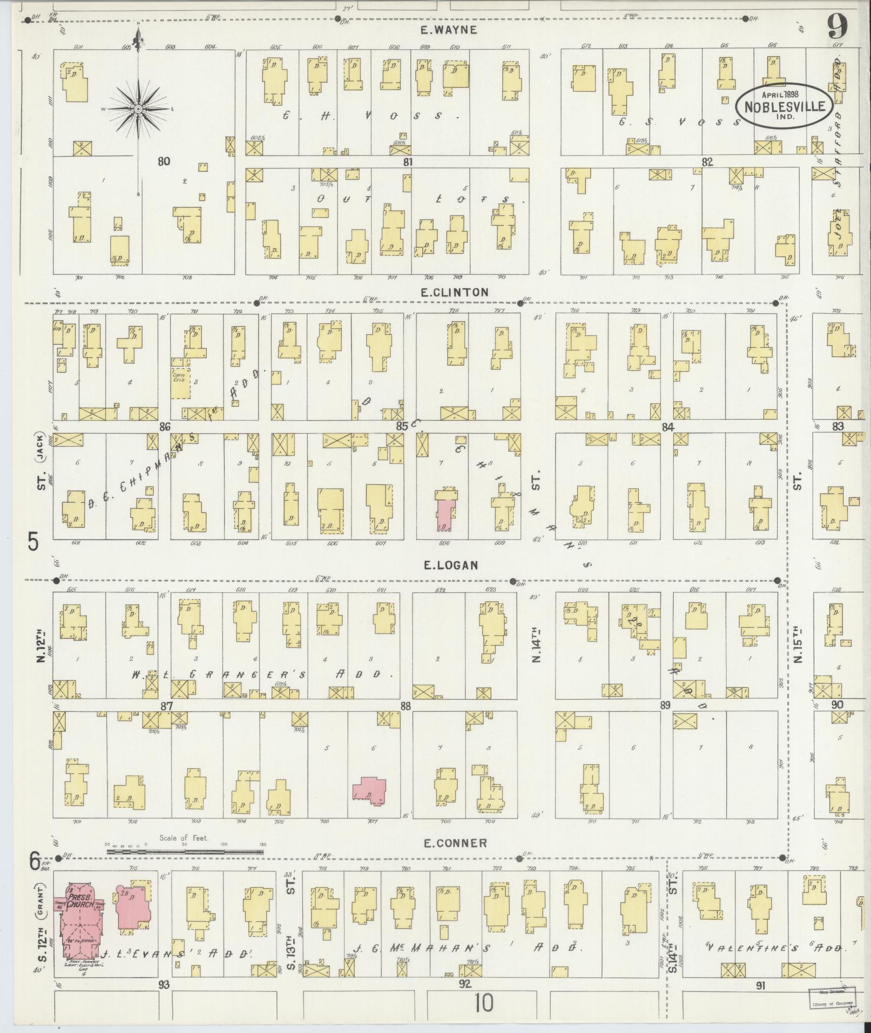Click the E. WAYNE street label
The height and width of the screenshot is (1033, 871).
[x=449, y=30]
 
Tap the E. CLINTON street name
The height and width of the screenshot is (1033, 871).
[x=455, y=292]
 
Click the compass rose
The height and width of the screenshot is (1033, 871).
[x=138, y=109]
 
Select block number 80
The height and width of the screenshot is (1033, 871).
[x=164, y=161]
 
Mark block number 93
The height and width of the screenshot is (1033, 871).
[x=164, y=984]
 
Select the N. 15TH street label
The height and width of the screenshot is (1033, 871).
[x=799, y=644]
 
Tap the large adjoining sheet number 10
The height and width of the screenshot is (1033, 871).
[x=484, y=1004]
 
